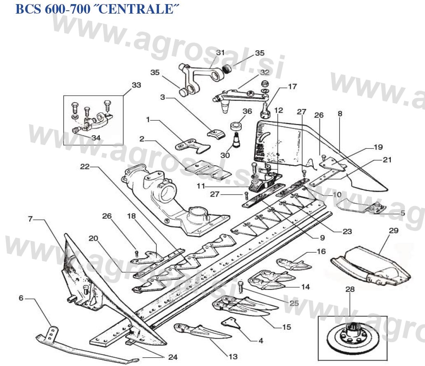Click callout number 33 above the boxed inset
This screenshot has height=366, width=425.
coord(136,85)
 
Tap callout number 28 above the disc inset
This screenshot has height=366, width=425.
coord(350,290)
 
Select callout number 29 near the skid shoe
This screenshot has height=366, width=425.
coord(393,231)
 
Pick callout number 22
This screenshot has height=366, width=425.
coord(84,167)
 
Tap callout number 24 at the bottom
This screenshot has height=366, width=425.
coord(173,357)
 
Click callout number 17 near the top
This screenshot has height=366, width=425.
coord(292,87)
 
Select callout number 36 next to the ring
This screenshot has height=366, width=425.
coord(247,111)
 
